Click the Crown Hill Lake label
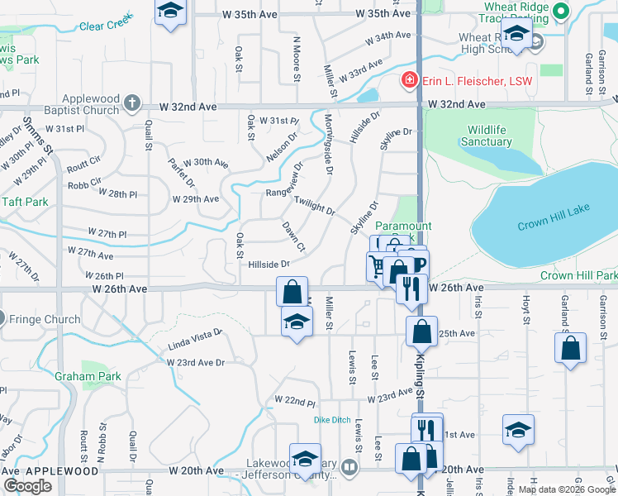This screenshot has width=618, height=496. coord(554,226)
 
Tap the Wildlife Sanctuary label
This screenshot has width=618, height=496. coord(487,136)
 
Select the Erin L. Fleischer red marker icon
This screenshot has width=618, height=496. coord(408,80)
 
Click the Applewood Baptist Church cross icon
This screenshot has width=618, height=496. coord(132,103)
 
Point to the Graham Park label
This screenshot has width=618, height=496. coord(88,376)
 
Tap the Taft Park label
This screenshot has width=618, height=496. coord(25,201)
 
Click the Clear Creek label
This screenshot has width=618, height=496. coord(106,26)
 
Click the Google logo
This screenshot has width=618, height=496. coord(28,485)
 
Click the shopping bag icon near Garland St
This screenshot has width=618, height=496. coord(571,347)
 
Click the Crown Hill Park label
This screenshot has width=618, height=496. coord(578,275)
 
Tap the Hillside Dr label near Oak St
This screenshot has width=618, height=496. coord(269,265)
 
